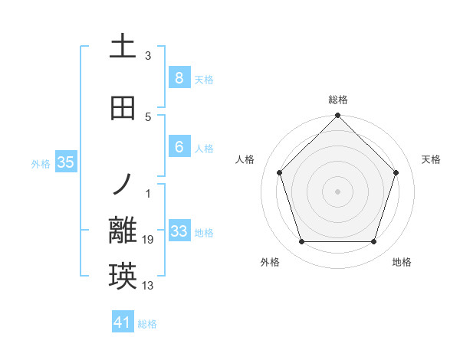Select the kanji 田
pyautogui.click(x=123, y=109)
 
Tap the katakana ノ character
pyautogui.click(x=123, y=184)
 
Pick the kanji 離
pyautogui.click(x=123, y=231)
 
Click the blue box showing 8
pyautogui.click(x=179, y=78)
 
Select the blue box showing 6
pyautogui.click(x=179, y=147)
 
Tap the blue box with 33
pyautogui.click(x=179, y=231)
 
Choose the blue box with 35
pyautogui.click(x=65, y=162)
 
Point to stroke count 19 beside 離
pyautogui.click(x=148, y=241)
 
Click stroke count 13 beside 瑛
pyautogui.click(x=148, y=286)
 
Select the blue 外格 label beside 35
pyautogui.click(x=41, y=163)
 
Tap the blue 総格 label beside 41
pyautogui.click(x=147, y=324)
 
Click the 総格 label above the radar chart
pyautogui.click(x=338, y=100)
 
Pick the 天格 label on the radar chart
pyautogui.click(x=432, y=159)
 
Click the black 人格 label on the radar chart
pyautogui.click(x=245, y=159)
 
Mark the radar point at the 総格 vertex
pyautogui.click(x=338, y=116)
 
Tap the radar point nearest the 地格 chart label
pyautogui.click(x=374, y=242)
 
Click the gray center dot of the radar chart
pyautogui.click(x=338, y=191)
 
